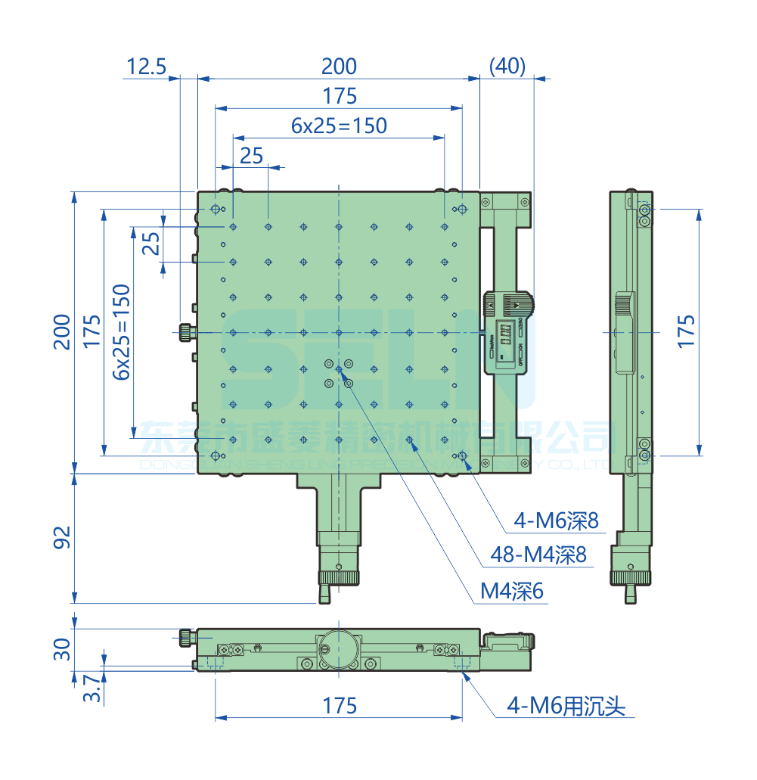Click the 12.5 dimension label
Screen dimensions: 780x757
click(146, 67)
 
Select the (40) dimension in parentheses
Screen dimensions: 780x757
click(507, 67)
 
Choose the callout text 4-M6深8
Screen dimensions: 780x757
click(556, 521)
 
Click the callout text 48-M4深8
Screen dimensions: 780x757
click(538, 556)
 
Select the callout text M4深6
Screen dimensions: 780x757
click(512, 592)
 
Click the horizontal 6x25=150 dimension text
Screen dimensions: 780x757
click(339, 126)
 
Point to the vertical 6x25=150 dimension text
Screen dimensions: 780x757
click(121, 332)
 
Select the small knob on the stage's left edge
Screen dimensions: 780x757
click(186, 331)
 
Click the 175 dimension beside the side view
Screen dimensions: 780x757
click(685, 332)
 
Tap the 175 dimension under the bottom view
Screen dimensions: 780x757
click(339, 706)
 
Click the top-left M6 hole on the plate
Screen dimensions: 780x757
click(216, 209)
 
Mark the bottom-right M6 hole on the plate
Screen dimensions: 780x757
click(462, 455)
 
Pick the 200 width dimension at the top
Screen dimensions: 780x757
click(339, 67)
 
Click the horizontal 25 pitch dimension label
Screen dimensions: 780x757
click(251, 155)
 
